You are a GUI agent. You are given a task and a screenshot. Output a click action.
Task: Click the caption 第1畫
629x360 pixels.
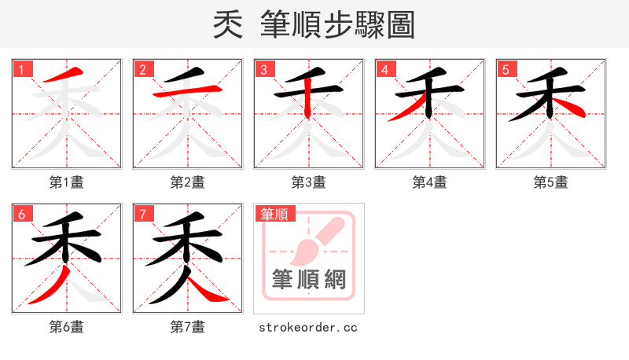click(x=67, y=182)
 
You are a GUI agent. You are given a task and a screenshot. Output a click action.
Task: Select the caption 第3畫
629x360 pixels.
click(x=309, y=182)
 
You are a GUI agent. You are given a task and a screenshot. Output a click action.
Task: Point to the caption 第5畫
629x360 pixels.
click(x=551, y=182)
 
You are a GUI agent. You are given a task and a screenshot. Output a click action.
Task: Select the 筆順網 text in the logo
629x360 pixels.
click(x=308, y=280)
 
